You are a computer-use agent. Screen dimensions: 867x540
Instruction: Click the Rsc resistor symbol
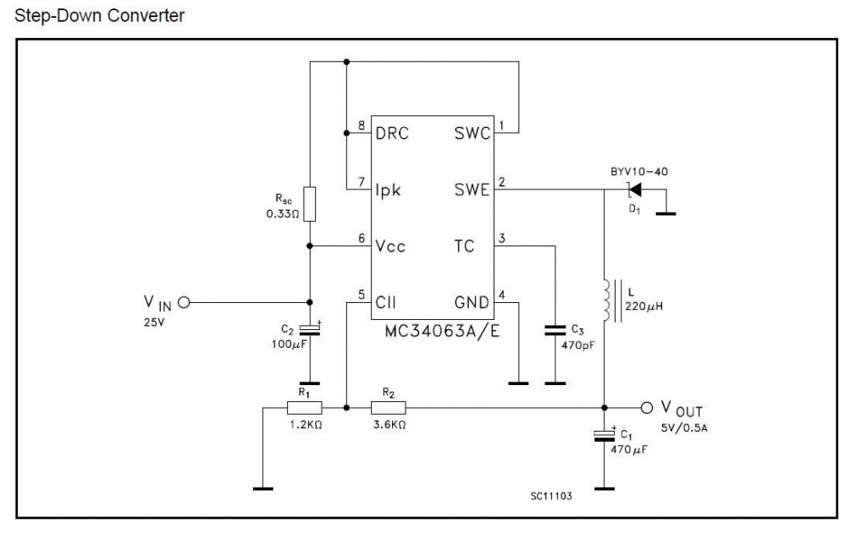pyautogui.click(x=310, y=204)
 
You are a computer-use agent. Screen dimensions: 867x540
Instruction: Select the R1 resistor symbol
pyautogui.click(x=304, y=408)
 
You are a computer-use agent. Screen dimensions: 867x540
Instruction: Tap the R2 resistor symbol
pyautogui.click(x=388, y=408)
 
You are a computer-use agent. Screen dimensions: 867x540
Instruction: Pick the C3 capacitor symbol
pyautogui.click(x=555, y=331)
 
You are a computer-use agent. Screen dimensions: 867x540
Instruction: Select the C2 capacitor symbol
pyautogui.click(x=310, y=329)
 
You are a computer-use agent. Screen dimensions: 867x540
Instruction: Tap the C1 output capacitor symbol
pyautogui.click(x=605, y=434)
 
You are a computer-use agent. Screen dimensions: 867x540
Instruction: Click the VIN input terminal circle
pyautogui.click(x=184, y=302)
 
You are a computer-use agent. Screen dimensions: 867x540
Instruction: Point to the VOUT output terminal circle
pyautogui.click(x=646, y=408)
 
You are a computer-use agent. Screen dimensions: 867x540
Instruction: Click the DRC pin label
pyautogui.click(x=392, y=133)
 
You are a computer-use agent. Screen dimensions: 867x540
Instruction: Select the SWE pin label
pyautogui.click(x=472, y=190)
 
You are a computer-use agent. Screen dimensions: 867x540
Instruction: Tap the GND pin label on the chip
pyautogui.click(x=472, y=302)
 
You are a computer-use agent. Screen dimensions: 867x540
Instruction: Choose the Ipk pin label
pyautogui.click(x=388, y=190)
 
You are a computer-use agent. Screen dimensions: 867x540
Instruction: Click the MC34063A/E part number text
pyautogui.click(x=442, y=331)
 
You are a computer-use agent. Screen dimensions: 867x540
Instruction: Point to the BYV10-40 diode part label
pyautogui.click(x=639, y=171)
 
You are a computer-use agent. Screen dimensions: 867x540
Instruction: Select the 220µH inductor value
pyautogui.click(x=644, y=306)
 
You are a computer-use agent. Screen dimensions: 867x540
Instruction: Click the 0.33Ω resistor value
pyautogui.click(x=283, y=214)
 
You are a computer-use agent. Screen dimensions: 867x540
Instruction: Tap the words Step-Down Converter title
pyautogui.click(x=100, y=15)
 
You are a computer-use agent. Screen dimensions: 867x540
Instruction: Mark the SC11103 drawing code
pyautogui.click(x=551, y=496)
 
